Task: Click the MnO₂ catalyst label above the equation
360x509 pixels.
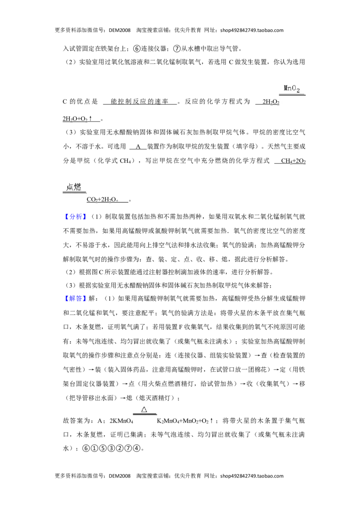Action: [x=292, y=88]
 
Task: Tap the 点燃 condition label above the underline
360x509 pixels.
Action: [x=73, y=187]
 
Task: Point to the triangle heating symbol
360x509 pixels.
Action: [x=144, y=409]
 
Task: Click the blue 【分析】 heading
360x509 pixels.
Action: [x=75, y=217]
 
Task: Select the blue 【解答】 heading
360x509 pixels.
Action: [x=75, y=298]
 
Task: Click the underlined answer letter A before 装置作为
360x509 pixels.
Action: [x=138, y=147]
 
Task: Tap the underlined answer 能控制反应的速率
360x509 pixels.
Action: [x=139, y=102]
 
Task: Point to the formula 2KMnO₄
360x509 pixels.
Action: [x=121, y=421]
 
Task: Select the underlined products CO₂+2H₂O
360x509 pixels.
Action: [x=103, y=200]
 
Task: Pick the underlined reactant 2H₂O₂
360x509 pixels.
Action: [x=271, y=102]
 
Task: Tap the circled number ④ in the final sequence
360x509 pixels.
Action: [x=136, y=448]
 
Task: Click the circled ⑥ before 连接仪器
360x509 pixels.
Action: [x=137, y=49]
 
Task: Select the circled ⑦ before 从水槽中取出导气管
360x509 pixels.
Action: [x=177, y=49]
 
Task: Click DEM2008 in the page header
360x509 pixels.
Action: [x=120, y=30]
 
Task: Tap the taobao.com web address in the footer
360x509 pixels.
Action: [x=252, y=476]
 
